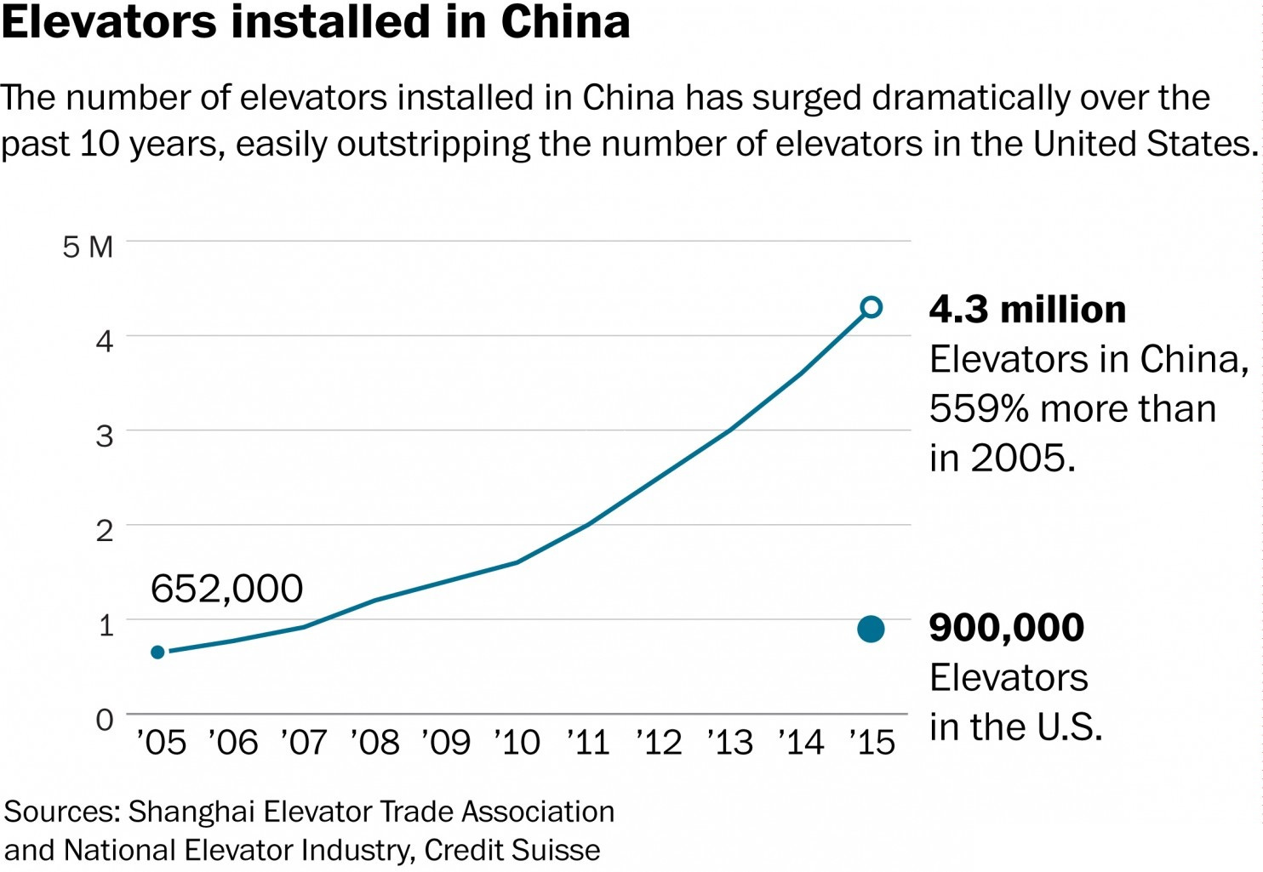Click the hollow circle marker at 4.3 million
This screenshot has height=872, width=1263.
(871, 307)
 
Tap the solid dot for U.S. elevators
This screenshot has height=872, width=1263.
(871, 630)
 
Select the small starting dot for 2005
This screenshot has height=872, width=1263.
(157, 653)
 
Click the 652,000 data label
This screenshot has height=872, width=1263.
(226, 589)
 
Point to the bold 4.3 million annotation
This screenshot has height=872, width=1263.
(1027, 310)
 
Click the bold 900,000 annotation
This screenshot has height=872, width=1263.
(1007, 628)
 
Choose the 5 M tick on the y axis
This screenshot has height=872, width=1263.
(88, 248)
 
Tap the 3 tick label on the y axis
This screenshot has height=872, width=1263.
(104, 436)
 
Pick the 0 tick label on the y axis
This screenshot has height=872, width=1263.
(104, 720)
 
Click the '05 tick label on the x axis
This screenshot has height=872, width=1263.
(161, 743)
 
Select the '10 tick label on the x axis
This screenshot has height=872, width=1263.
(517, 743)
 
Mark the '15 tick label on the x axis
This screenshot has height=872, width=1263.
(872, 743)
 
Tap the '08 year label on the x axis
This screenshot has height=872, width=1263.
(374, 743)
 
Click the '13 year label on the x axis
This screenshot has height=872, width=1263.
(730, 743)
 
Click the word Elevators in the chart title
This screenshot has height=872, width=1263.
(109, 22)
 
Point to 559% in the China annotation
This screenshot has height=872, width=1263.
(979, 409)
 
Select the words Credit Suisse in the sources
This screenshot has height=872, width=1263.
(512, 850)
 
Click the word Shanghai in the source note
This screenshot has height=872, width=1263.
(191, 812)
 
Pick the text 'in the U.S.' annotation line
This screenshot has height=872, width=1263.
(1015, 727)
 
